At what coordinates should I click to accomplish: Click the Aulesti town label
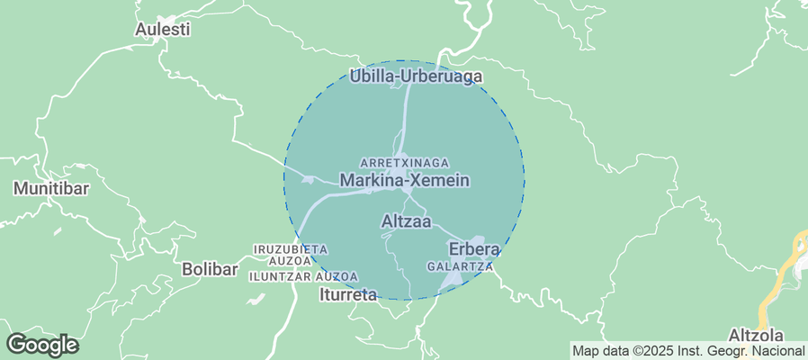click(x=162, y=29)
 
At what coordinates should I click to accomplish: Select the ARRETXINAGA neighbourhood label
click(x=404, y=162)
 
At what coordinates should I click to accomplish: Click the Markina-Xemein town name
click(x=404, y=180)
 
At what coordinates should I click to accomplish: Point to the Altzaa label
click(x=407, y=220)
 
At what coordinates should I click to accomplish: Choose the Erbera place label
click(x=473, y=248)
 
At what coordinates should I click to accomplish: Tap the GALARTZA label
click(x=460, y=266)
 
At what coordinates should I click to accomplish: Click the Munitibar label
click(x=49, y=189)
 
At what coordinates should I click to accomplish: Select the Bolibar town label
click(x=210, y=268)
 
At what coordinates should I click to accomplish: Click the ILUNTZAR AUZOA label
click(x=303, y=276)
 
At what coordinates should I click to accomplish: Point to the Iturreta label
click(x=348, y=293)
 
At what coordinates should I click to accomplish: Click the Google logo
click(x=42, y=345)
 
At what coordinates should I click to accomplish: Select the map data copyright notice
click(x=688, y=350)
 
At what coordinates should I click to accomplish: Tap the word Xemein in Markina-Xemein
click(x=439, y=180)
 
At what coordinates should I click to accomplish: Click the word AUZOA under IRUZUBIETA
click(x=291, y=260)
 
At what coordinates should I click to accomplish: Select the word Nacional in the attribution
click(x=781, y=350)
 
